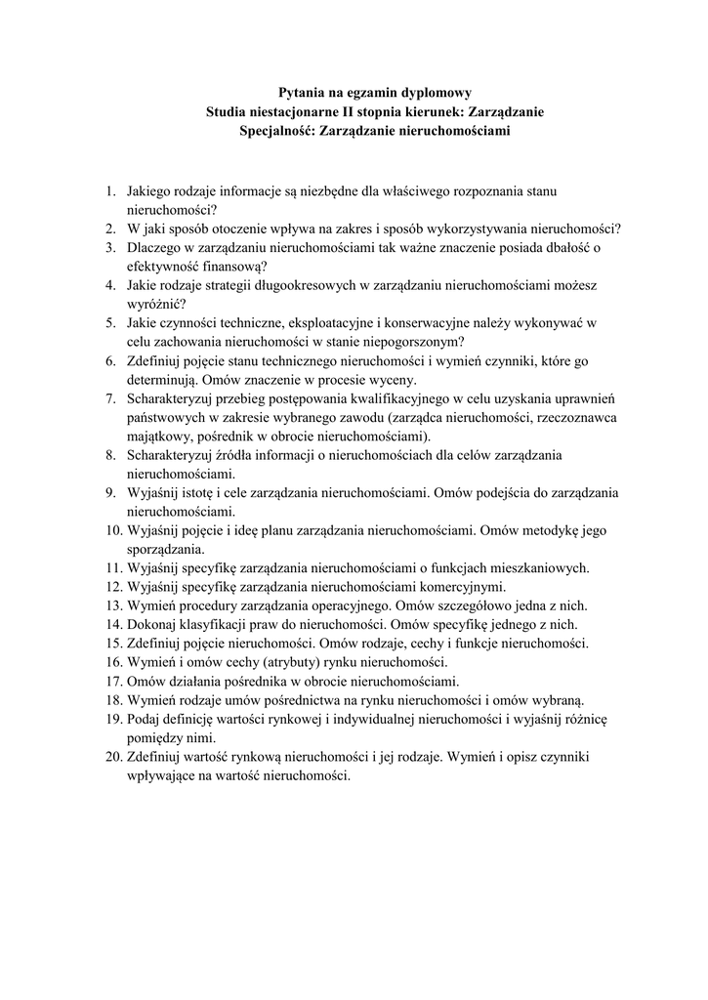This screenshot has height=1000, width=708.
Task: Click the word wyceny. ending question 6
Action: tap(390, 380)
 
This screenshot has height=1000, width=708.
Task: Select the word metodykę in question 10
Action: tap(559, 530)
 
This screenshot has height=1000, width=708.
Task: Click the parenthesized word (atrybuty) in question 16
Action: tap(286, 662)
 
